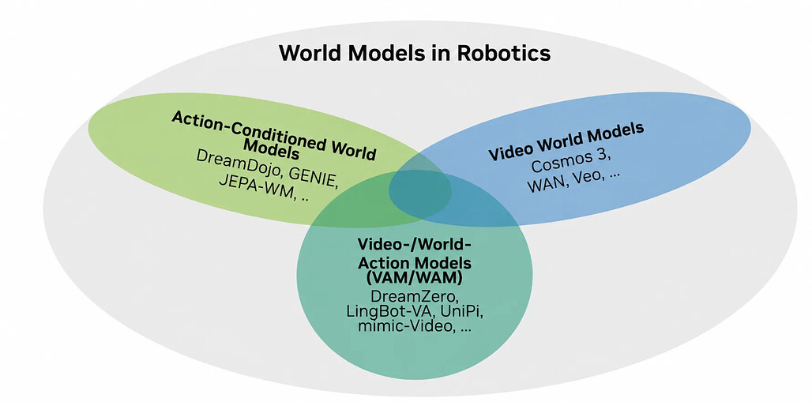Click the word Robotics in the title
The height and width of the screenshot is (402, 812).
click(x=502, y=54)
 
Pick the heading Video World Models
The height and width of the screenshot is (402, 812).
click(x=566, y=141)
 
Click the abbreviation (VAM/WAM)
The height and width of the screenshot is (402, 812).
click(x=414, y=277)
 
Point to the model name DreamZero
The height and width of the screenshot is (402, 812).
click(x=415, y=298)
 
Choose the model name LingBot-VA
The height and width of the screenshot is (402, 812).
click(x=389, y=313)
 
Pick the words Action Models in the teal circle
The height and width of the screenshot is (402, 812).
click(x=414, y=262)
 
